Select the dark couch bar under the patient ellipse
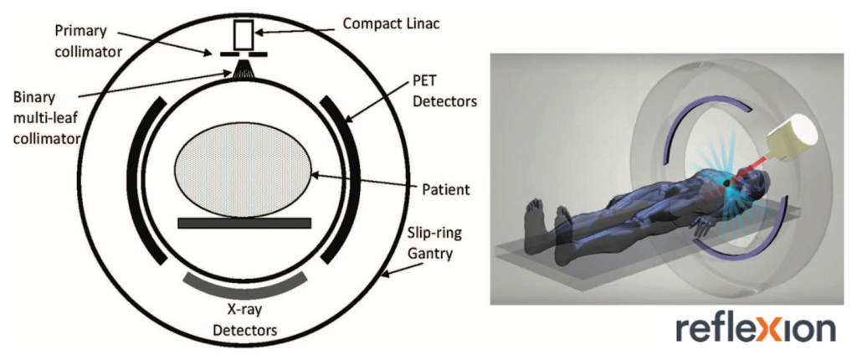(x=244, y=223)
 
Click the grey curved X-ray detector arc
(x=244, y=285)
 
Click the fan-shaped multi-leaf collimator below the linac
(x=246, y=69)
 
